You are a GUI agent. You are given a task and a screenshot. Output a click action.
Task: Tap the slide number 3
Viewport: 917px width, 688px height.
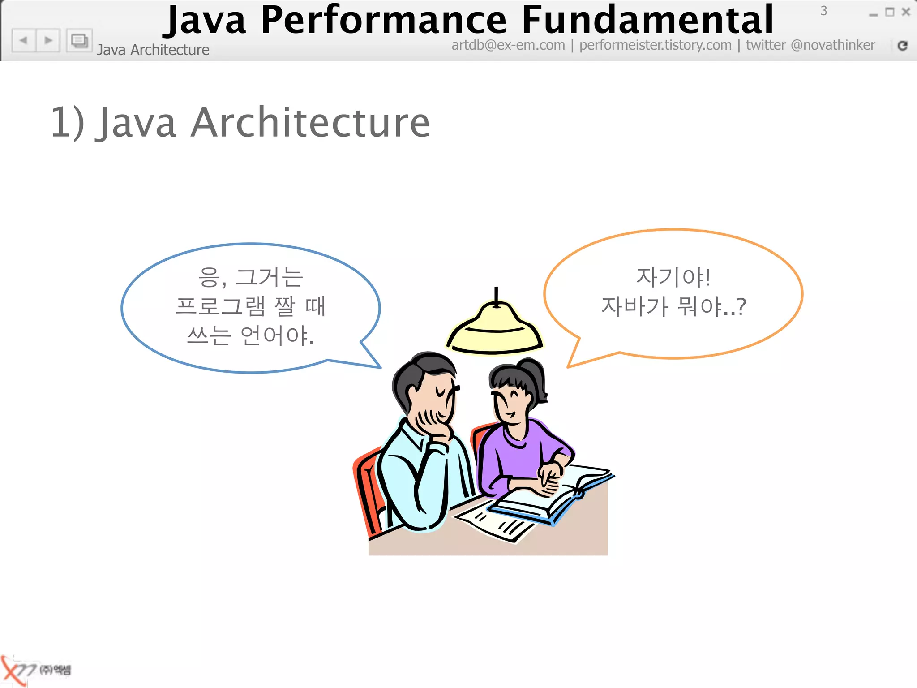pyautogui.click(x=823, y=11)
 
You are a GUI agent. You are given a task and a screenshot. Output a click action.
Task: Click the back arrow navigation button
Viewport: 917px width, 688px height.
pyautogui.click(x=24, y=41)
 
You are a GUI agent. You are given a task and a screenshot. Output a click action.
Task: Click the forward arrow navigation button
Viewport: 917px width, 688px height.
pyautogui.click(x=48, y=41)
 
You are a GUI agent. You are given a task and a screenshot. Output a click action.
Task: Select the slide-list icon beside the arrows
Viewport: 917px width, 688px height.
pyautogui.click(x=79, y=41)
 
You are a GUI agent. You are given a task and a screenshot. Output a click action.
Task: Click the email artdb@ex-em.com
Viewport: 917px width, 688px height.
pyautogui.click(x=508, y=45)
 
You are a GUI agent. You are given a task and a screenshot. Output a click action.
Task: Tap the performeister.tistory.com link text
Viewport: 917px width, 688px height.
pyautogui.click(x=655, y=45)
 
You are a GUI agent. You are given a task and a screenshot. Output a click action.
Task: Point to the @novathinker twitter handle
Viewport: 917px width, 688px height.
pyautogui.click(x=833, y=45)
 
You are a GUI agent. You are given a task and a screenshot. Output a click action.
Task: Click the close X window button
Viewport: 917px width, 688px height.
pyautogui.click(x=906, y=12)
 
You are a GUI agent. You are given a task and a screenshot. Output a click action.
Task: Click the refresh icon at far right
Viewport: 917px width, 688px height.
pyautogui.click(x=903, y=46)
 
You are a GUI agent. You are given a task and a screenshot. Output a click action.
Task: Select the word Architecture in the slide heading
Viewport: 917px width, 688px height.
pyautogui.click(x=310, y=123)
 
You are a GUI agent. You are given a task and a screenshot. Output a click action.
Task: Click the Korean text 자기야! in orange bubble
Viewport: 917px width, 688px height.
pyautogui.click(x=673, y=277)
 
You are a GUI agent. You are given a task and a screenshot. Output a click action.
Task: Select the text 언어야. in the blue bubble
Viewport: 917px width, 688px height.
pyautogui.click(x=277, y=335)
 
